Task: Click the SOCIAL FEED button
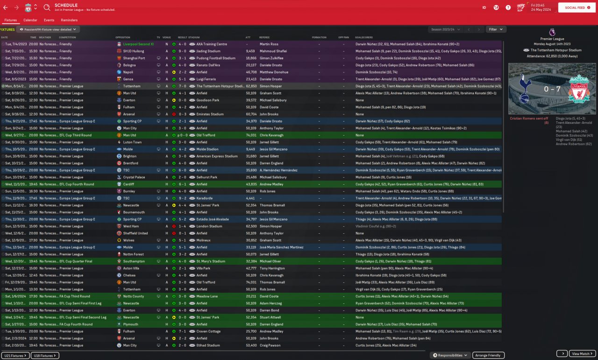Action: [577, 8]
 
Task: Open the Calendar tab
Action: [30, 20]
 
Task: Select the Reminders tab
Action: [69, 20]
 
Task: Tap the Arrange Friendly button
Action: [488, 355]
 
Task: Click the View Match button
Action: [583, 354]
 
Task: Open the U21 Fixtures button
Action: [15, 356]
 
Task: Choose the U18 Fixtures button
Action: [45, 356]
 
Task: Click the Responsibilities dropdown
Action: [450, 355]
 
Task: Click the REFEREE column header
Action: [264, 37]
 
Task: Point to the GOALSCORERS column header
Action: [366, 37]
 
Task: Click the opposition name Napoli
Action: [128, 72]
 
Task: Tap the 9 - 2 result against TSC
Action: [182, 198]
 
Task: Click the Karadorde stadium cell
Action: [205, 198]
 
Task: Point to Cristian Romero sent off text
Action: [530, 121]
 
